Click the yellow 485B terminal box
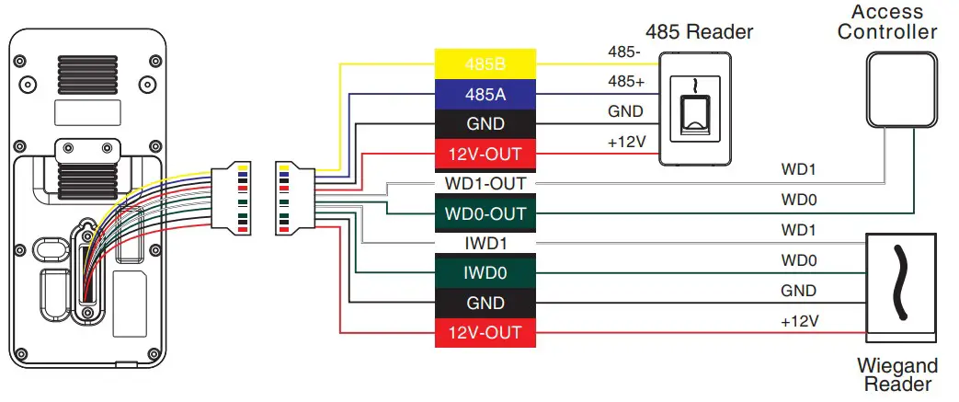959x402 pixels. coord(485,64)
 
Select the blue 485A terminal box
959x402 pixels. coord(485,94)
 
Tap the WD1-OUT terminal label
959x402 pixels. coord(485,183)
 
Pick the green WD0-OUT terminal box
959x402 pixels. coord(485,213)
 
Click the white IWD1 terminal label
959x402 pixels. coord(485,244)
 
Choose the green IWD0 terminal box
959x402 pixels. coord(485,272)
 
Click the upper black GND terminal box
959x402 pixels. coord(485,123)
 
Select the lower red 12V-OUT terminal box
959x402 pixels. coord(485,332)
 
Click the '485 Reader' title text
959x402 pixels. coord(699,32)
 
